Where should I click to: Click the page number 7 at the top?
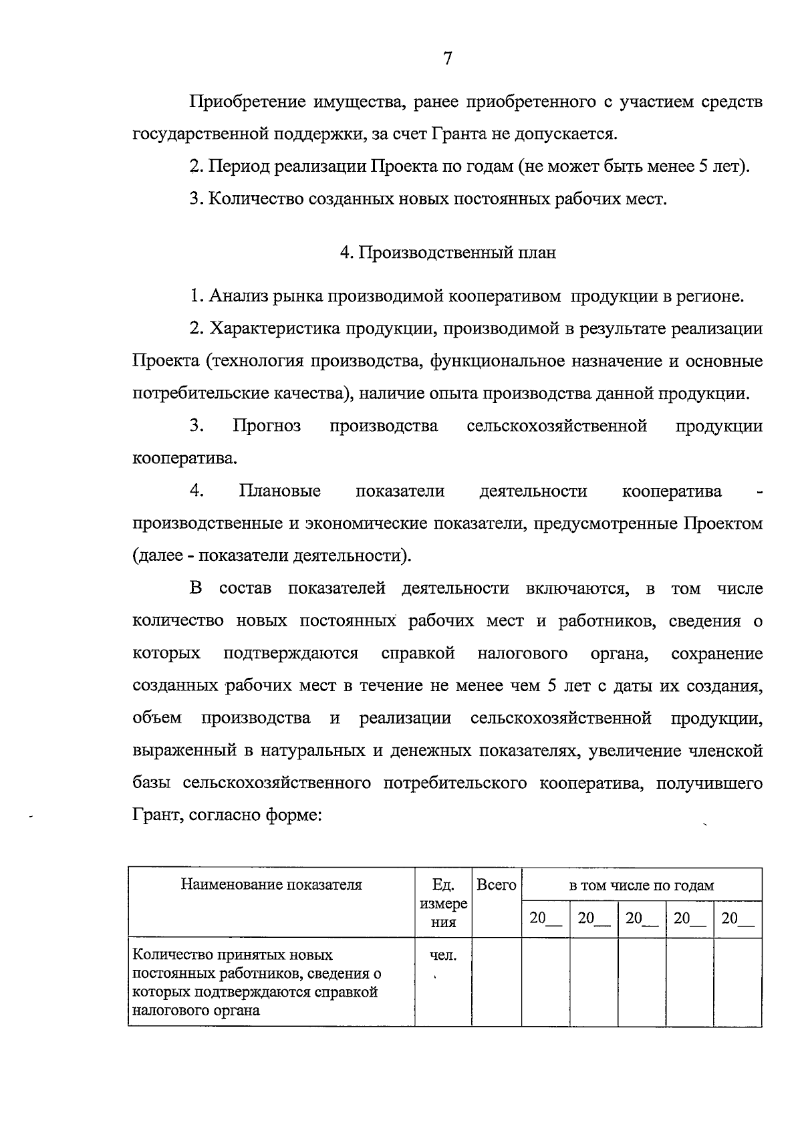448,59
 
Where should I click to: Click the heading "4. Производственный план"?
448,253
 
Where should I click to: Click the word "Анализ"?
238,296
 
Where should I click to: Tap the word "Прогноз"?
267,426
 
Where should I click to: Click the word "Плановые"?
280,491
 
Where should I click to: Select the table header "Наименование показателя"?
271,885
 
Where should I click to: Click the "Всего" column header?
497,885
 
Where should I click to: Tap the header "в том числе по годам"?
642,886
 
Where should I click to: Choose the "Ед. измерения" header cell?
443,904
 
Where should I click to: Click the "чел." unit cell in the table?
443,956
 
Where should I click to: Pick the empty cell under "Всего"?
497,981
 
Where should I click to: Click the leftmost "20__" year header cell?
545,918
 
